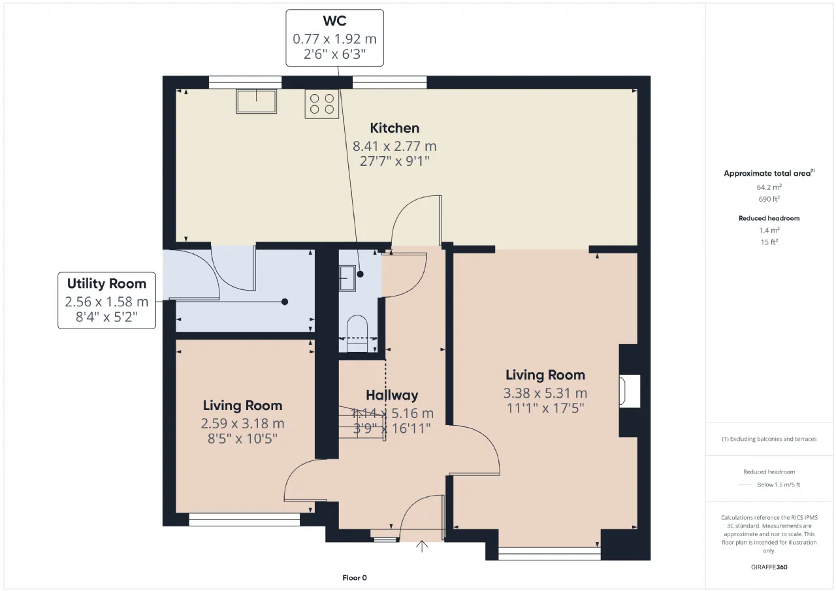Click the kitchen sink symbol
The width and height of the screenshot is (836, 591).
[256, 101]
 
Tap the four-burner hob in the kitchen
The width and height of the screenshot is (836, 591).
[322, 104]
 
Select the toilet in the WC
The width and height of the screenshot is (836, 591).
[357, 334]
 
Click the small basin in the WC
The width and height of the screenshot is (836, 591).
[347, 278]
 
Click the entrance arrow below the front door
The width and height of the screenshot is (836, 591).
[422, 546]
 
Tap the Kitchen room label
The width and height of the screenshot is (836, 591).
[394, 128]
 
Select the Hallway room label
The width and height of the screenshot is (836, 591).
[392, 394]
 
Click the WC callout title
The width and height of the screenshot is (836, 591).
[335, 21]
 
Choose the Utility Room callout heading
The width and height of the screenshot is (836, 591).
[106, 283]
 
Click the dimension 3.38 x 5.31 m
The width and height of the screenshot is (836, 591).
[545, 393]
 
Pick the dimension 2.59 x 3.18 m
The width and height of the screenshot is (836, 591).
[242, 423]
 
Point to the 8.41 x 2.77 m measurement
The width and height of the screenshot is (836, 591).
[394, 146]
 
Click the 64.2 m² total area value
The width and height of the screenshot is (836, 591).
[769, 187]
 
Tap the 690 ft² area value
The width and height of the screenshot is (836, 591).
[769, 199]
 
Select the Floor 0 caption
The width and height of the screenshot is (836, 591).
[355, 577]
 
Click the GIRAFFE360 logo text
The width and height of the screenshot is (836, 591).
[769, 567]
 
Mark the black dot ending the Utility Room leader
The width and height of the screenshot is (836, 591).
[285, 302]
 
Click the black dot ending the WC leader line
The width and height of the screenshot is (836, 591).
[360, 274]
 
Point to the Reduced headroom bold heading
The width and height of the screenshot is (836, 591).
[769, 218]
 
